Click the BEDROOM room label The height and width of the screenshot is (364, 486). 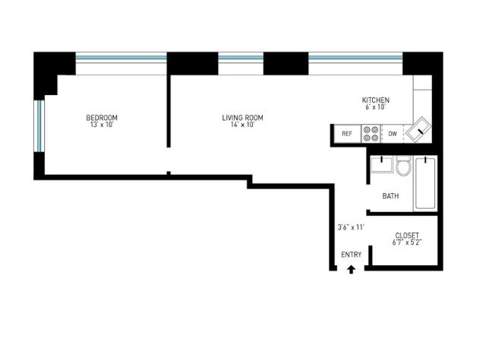point(102,118)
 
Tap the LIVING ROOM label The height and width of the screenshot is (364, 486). point(243,118)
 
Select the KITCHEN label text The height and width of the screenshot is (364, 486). point(376,100)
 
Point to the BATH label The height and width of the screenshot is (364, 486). point(390,196)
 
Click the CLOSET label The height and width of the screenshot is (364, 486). point(407,236)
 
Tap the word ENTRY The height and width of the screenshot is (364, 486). point(351,255)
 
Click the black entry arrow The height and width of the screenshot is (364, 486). point(351,270)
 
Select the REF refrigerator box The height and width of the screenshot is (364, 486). point(347,134)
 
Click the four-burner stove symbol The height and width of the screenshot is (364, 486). point(371,134)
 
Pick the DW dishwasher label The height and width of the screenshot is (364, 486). point(393,134)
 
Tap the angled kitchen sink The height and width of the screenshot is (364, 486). point(418,130)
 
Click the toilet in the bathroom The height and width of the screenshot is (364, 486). point(403,166)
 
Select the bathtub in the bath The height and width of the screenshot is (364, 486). point(425,183)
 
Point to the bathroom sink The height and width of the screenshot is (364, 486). point(381,164)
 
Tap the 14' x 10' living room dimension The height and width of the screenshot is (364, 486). point(243,125)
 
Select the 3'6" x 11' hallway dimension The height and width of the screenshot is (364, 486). point(351,227)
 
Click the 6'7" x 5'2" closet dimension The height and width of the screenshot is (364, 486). point(407,242)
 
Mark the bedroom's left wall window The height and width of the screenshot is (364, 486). point(39,126)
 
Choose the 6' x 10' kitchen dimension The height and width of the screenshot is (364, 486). point(375,107)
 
